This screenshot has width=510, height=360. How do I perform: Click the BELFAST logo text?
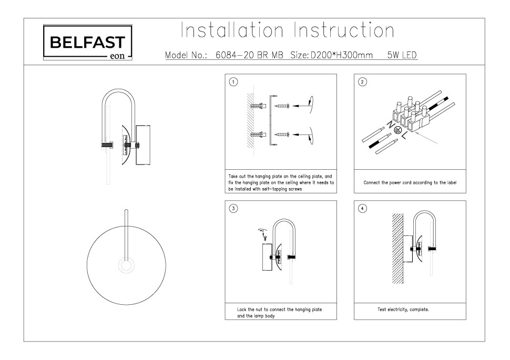(87, 42)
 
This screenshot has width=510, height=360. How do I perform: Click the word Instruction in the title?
(343, 30)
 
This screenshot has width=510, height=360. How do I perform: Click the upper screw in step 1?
(282, 106)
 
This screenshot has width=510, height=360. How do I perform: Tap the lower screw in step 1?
(282, 135)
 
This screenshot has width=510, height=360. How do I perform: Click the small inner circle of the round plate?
(126, 266)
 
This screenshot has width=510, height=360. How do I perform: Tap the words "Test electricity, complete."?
(403, 310)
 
